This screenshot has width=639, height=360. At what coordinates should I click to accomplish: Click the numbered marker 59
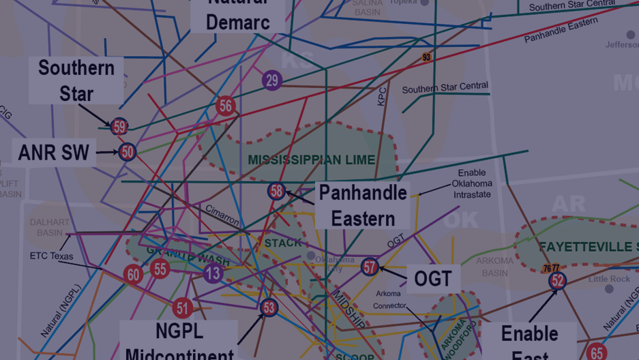tap(119, 126)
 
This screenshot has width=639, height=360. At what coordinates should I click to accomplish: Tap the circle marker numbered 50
tap(128, 151)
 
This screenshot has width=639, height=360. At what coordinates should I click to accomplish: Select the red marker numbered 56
tap(226, 106)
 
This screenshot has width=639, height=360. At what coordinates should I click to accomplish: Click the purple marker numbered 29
tap(272, 80)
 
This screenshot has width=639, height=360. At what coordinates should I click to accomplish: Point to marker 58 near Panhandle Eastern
tap(276, 191)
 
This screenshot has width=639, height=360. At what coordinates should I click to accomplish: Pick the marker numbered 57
tap(370, 267)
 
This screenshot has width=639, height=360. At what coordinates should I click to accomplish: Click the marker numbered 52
tap(558, 280)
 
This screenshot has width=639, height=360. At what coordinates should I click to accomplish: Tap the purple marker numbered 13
tap(213, 273)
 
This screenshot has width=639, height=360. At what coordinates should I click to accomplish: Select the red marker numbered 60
tap(134, 275)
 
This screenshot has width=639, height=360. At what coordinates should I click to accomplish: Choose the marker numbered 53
tap(269, 307)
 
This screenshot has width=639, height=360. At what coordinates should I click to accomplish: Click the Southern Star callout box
tap(76, 80)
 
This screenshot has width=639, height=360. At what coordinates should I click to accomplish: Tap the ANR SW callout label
tap(54, 153)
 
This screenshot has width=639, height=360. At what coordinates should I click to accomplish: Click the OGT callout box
tap(433, 278)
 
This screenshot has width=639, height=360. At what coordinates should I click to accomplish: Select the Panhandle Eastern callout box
tap(363, 205)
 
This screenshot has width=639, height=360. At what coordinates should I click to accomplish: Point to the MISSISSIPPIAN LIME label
tap(312, 160)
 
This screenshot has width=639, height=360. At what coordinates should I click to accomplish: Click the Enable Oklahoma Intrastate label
tap(472, 183)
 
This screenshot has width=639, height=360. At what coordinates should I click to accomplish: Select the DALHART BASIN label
tap(50, 228)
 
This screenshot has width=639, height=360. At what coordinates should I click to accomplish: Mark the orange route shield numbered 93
tap(426, 58)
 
